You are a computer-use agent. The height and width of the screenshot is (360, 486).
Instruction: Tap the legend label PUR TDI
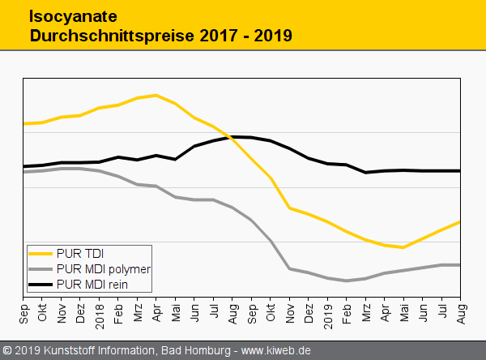point(80,253)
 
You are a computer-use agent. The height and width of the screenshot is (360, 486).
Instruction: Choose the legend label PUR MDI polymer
point(104,268)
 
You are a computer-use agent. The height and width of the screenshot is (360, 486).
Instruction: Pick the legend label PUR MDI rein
point(92,285)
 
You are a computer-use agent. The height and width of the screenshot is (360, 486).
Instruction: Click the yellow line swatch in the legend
point(40,253)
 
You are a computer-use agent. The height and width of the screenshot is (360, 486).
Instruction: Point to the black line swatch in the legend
point(40,285)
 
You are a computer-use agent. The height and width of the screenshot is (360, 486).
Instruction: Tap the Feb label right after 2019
point(347,311)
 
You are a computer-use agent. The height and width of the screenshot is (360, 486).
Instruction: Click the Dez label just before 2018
point(80,311)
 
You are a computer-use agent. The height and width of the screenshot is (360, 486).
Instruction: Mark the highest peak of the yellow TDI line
point(156,95)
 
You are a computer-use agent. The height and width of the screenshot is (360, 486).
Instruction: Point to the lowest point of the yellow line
point(403,247)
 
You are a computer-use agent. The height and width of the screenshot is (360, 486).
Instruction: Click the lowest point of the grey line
point(347,281)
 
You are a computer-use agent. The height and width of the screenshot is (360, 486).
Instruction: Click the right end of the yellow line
point(460,221)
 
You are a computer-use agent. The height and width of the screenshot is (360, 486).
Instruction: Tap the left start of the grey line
point(24,172)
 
